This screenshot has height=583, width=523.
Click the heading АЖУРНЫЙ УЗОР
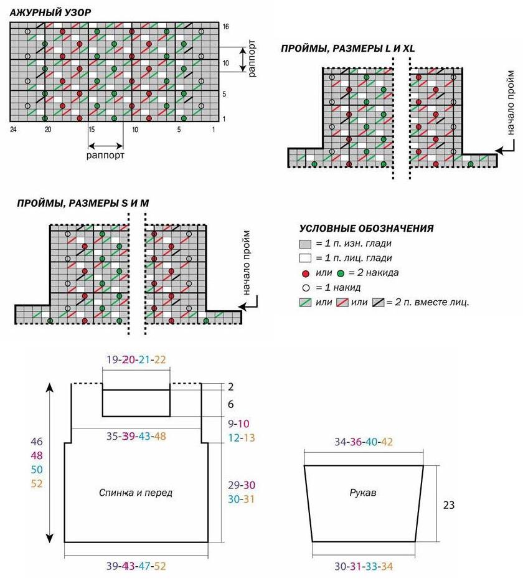tap(50, 12)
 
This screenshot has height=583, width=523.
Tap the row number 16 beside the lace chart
tap(225, 27)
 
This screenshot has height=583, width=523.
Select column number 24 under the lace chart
tap(13, 130)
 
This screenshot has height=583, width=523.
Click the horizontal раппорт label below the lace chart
tap(106, 156)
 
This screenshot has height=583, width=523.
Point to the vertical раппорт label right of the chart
tap(252, 58)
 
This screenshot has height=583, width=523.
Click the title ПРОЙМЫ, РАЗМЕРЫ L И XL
tap(347, 49)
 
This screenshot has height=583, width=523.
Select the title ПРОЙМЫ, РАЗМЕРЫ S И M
tap(83, 204)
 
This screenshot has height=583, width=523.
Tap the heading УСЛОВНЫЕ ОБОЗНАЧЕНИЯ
tap(367, 229)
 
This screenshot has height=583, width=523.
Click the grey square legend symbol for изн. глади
tap(305, 244)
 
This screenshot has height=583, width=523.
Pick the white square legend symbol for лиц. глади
tap(305, 258)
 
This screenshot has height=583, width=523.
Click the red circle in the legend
tap(306, 273)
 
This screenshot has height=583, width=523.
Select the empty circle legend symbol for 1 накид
tap(306, 288)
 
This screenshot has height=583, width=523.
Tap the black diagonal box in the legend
tap(378, 302)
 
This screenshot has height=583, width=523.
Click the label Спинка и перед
tap(136, 493)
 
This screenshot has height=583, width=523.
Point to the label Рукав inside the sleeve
tap(363, 493)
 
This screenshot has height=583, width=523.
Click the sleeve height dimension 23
tap(449, 505)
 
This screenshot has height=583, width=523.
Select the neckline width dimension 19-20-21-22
tap(136, 359)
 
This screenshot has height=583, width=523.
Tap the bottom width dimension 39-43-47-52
tap(136, 566)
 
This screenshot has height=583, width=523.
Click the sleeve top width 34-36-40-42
tap(364, 442)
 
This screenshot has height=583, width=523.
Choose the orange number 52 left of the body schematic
tap(37, 484)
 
